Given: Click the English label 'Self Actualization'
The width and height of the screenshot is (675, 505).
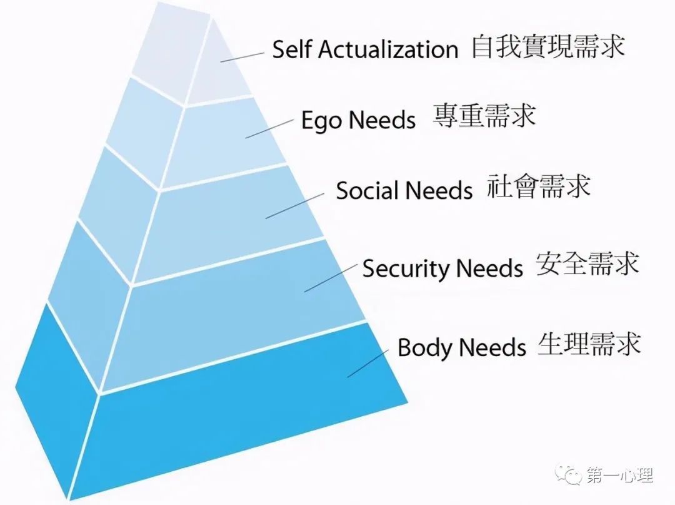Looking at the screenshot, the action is (365, 49).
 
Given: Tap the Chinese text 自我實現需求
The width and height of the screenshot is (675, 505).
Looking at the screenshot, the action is (548, 48).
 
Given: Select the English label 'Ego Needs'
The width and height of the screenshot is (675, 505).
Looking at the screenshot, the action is (359, 120).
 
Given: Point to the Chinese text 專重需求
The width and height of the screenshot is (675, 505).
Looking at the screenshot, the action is (484, 116).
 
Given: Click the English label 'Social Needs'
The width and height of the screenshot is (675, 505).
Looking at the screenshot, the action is (404, 190).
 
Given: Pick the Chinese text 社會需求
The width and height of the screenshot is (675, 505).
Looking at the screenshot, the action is (539, 186).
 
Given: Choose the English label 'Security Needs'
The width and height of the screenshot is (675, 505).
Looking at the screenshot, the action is (442, 268).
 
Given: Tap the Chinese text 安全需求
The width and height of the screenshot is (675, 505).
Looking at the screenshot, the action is (587, 264).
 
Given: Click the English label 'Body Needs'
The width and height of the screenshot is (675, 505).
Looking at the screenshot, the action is (461, 347).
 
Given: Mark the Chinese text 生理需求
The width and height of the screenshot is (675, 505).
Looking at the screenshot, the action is (589, 344).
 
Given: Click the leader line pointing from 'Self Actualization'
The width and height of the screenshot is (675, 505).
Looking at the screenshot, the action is (242, 58).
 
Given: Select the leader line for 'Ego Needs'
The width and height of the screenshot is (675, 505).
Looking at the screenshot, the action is (269, 129).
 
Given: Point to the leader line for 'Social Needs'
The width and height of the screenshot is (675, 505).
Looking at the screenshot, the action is (295, 206).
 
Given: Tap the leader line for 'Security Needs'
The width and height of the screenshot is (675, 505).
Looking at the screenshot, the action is (331, 278).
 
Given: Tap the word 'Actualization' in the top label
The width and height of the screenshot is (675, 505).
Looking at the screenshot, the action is (388, 49).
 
